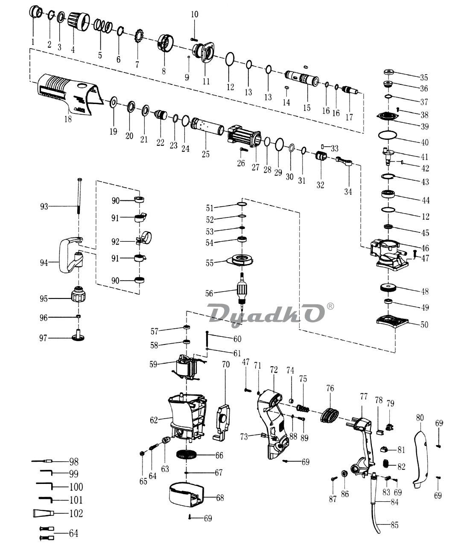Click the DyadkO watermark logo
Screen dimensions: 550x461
tap(266, 314)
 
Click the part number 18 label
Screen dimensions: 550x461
tap(68, 119)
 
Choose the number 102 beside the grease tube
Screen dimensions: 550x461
tap(76, 513)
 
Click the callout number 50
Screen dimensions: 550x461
tap(424, 325)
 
